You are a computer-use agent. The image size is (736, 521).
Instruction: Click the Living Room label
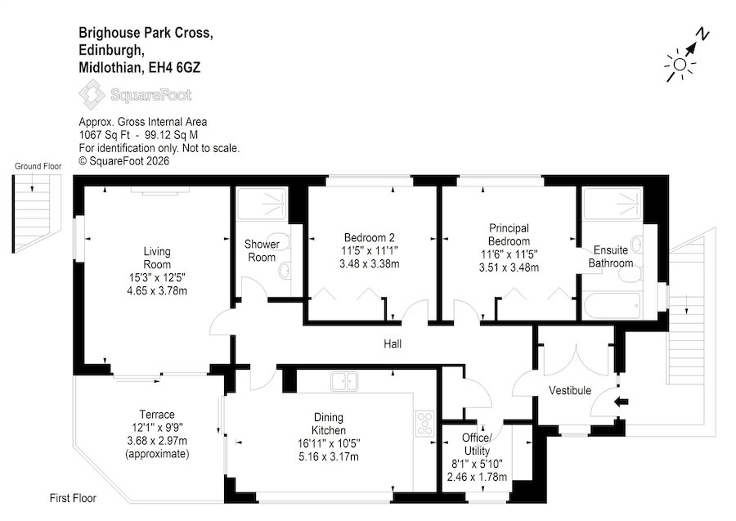pyautogui.click(x=157, y=258)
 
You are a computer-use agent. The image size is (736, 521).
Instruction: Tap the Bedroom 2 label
pyautogui.click(x=370, y=237)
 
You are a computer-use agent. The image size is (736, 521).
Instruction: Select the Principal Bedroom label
pyautogui.click(x=509, y=234)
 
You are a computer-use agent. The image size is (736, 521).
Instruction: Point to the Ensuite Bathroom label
pyautogui.click(x=611, y=256)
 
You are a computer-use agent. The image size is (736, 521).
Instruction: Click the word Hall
pyautogui.click(x=393, y=344)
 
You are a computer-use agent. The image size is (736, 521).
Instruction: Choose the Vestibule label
pyautogui.click(x=570, y=390)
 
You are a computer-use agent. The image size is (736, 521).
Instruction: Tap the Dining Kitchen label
pyautogui.click(x=329, y=424)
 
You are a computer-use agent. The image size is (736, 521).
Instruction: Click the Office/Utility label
pyautogui.click(x=477, y=444)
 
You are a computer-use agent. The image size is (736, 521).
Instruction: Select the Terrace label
pyautogui.click(x=157, y=415)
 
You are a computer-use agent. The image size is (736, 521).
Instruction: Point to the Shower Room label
pyautogui.click(x=262, y=250)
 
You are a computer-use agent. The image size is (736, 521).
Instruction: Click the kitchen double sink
pyautogui.click(x=344, y=382)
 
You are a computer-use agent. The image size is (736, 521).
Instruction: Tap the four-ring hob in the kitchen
pyautogui.click(x=424, y=423)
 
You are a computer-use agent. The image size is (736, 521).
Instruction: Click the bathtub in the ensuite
pyautogui.click(x=612, y=306)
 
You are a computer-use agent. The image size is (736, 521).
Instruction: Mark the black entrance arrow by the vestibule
pyautogui.click(x=622, y=402)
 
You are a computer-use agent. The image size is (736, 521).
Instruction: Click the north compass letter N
pyautogui.click(x=702, y=34)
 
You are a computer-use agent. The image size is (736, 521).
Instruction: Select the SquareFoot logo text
pyautogui.click(x=151, y=95)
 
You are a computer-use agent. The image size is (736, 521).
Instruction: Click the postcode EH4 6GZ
pyautogui.click(x=175, y=68)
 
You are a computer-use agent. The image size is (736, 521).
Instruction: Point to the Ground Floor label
pyautogui.click(x=38, y=166)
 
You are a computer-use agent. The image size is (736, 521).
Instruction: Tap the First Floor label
pyautogui.click(x=73, y=498)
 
